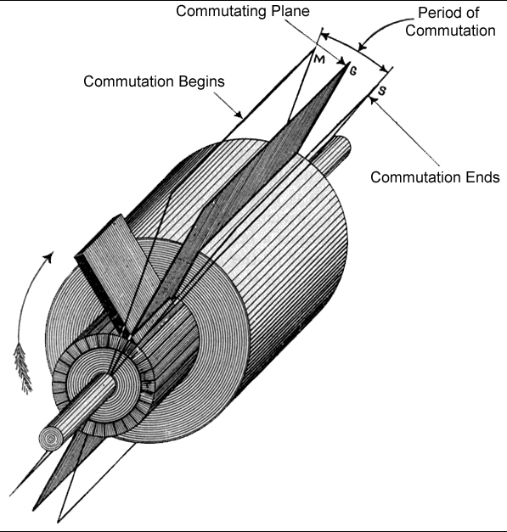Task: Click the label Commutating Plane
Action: (243, 11)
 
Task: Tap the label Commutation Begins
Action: (154, 81)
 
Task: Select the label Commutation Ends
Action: (435, 177)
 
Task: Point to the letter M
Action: (319, 59)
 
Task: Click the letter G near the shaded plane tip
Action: (352, 71)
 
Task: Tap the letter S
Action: (382, 91)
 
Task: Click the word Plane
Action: (290, 11)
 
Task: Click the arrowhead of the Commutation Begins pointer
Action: (239, 115)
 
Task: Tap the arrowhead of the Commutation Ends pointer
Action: (374, 100)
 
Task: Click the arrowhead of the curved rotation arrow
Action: (49, 257)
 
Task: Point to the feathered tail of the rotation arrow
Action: (22, 368)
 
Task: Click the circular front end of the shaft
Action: (52, 439)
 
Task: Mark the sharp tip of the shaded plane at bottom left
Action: (33, 510)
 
